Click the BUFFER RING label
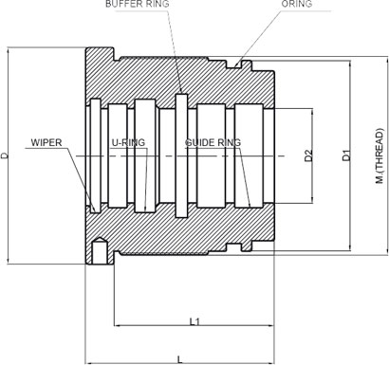[138, 4]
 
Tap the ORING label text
[297, 4]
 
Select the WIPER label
[46, 142]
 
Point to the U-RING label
[128, 142]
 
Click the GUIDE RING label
[213, 142]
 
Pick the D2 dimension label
[308, 155]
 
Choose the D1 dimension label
[346, 155]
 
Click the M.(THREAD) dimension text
[380, 155]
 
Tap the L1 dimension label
[194, 321]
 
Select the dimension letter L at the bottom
[179, 359]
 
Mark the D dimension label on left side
[4, 155]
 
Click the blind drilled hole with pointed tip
[99, 250]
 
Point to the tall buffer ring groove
[181, 155]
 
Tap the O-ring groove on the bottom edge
[234, 247]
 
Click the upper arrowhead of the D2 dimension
[312, 112]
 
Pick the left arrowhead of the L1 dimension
[117, 325]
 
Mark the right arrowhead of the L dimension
[271, 363]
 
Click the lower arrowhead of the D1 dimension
[350, 247]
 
